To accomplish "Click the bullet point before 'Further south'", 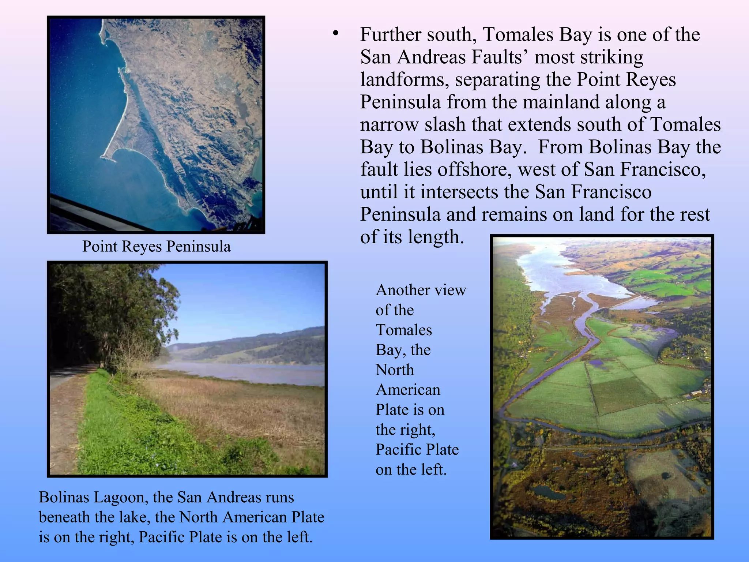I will [x=335, y=34].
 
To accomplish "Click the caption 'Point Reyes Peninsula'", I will [x=157, y=246].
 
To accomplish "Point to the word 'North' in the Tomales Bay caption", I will [x=395, y=370].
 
